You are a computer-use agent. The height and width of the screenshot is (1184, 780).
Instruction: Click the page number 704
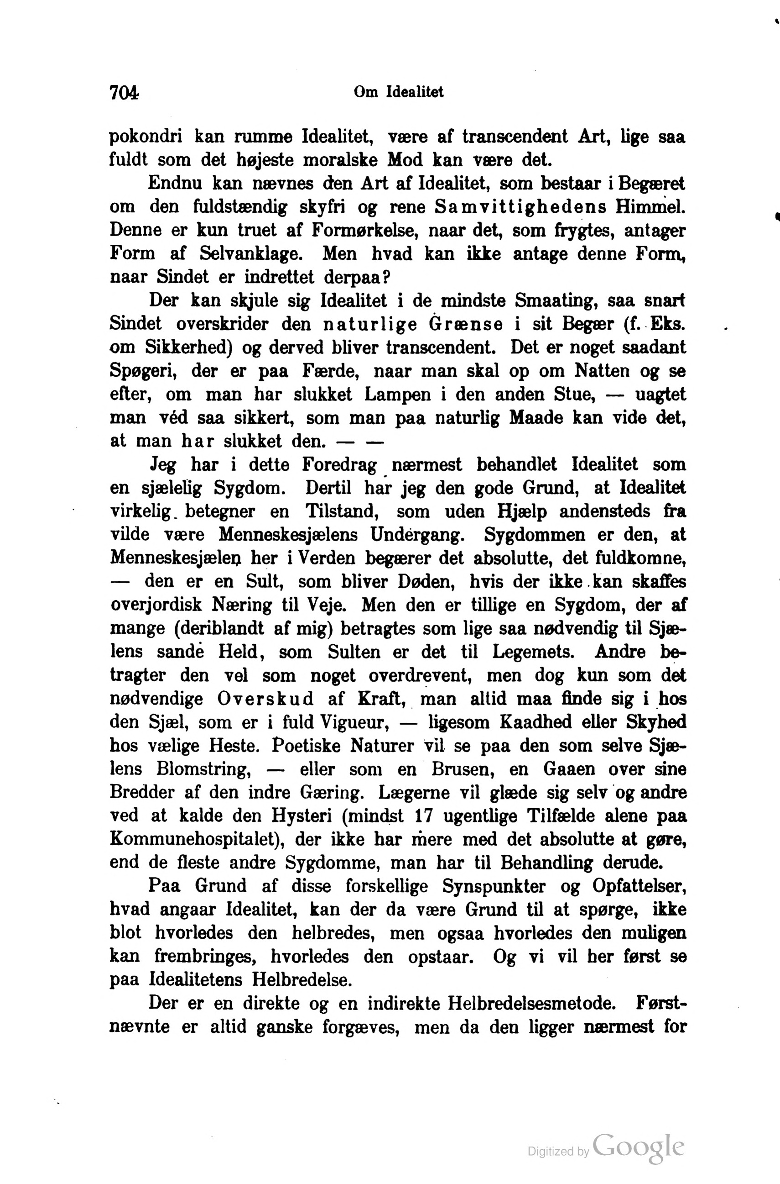[124, 92]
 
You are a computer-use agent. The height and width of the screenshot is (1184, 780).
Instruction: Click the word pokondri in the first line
[145, 137]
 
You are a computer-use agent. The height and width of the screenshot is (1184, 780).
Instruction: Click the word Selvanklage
[251, 254]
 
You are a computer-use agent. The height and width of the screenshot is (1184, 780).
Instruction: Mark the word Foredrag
[339, 465]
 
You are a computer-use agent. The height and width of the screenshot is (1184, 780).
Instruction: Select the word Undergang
[417, 535]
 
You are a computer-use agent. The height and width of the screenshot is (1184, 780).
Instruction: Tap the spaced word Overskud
[265, 699]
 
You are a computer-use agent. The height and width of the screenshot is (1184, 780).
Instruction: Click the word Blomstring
[202, 769]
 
